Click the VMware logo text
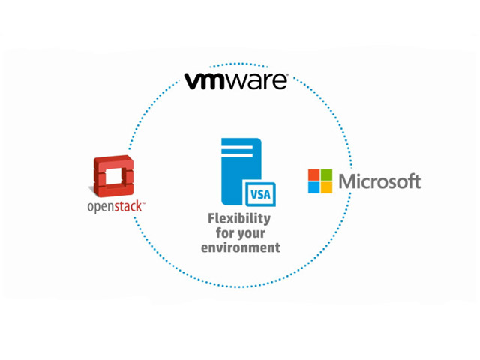coord(235,81)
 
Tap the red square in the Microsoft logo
coord(313,175)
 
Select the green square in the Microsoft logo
coord(326,175)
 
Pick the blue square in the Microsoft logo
coord(313,187)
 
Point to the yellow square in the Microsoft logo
coord(326,187)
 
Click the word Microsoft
coord(379,181)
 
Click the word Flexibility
coord(238,219)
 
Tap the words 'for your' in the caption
coord(239,233)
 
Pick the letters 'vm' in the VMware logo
coord(202,81)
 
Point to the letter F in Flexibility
coord(212,219)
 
